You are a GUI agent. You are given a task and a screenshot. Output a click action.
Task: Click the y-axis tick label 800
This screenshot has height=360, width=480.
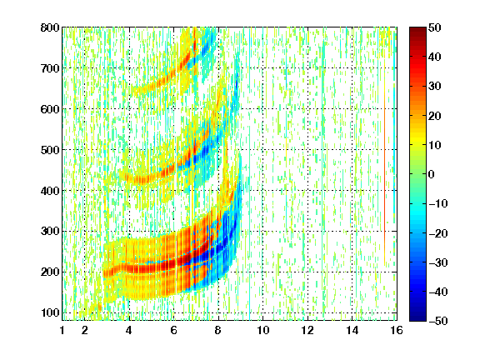pyautogui.click(x=50, y=27)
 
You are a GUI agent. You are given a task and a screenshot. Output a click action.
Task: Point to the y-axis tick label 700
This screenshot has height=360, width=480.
pyautogui.click(x=50, y=68)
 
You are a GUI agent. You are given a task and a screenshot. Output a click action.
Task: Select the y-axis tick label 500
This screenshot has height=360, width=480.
pyautogui.click(x=50, y=150)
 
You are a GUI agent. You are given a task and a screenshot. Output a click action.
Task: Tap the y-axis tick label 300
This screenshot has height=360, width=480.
pyautogui.click(x=50, y=232)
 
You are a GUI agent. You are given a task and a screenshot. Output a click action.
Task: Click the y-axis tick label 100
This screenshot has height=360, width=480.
pyautogui.click(x=50, y=312)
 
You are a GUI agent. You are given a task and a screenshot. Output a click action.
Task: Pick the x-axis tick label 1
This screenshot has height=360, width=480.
pyautogui.click(x=62, y=330)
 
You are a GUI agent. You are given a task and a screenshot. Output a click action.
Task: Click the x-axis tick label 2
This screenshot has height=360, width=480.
pyautogui.click(x=85, y=330)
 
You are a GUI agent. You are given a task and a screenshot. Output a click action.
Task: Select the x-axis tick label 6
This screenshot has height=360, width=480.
pyautogui.click(x=174, y=330)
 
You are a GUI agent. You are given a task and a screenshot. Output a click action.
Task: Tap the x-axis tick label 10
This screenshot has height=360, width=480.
pyautogui.click(x=263, y=330)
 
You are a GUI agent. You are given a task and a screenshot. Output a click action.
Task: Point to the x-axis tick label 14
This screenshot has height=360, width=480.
pyautogui.click(x=352, y=330)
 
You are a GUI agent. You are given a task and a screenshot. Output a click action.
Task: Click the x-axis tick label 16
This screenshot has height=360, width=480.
pyautogui.click(x=397, y=330)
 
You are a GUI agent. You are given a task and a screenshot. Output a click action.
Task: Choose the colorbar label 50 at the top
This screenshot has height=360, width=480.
pyautogui.click(x=435, y=27)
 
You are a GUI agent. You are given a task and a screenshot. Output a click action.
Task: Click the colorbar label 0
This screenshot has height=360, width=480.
pyautogui.click(x=432, y=174)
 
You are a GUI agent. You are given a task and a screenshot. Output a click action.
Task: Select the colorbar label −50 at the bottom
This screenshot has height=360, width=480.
pyautogui.click(x=438, y=321)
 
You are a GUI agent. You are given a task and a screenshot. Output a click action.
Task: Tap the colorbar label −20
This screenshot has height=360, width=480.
pyautogui.click(x=438, y=233)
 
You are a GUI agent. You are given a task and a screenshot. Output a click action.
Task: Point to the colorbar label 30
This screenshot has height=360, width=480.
pyautogui.click(x=435, y=87)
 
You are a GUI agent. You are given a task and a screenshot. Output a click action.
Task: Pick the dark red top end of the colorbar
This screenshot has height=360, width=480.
pyautogui.click(x=417, y=30)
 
